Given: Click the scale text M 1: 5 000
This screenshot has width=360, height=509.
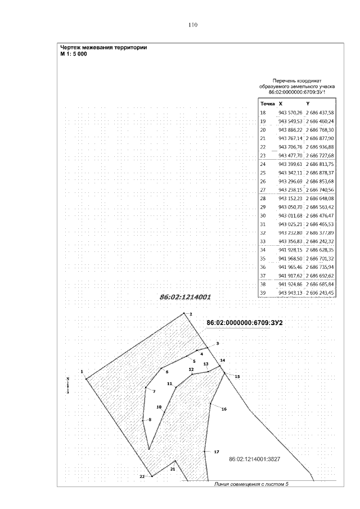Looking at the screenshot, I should tap(74, 55).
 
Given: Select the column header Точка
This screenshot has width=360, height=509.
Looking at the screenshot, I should tap(267, 104).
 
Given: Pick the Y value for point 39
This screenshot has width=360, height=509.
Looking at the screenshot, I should tap(320, 293).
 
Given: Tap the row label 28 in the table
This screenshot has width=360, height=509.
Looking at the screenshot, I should tap(263, 199).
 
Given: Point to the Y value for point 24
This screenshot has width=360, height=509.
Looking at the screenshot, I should tap(320, 164).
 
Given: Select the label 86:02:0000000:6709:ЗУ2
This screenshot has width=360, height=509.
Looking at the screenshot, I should tap(244, 322).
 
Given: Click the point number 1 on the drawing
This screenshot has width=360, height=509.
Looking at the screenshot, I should tap(82, 371).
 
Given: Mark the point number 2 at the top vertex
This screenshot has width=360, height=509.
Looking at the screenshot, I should tap(191, 314).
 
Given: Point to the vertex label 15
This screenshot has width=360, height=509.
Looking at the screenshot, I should tap(237, 376).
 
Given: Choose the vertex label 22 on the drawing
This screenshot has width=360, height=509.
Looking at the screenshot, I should tap(142, 476).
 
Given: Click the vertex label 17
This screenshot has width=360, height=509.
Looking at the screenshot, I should tap(217, 452).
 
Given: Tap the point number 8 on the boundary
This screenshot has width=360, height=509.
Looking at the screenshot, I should tap(150, 420).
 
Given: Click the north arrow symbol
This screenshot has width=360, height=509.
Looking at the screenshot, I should tap(67, 385).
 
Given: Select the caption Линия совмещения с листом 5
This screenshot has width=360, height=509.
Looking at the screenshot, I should tap(252, 482).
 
